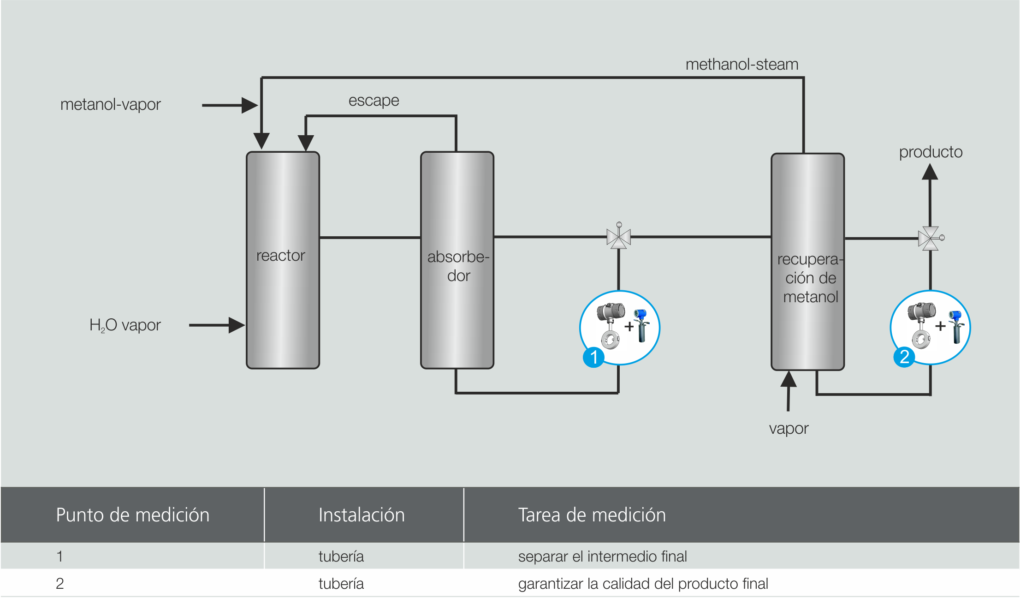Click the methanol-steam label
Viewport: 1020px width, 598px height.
click(x=741, y=65)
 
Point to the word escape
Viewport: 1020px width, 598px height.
click(x=374, y=101)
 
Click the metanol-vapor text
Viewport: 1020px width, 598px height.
click(x=110, y=105)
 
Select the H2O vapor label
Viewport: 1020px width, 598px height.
click(x=125, y=325)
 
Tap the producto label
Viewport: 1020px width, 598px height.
click(x=931, y=152)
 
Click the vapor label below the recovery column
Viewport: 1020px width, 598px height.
click(x=789, y=429)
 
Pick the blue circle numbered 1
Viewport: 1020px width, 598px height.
click(x=593, y=357)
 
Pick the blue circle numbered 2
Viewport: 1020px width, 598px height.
click(x=904, y=357)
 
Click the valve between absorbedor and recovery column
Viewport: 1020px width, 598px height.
click(x=618, y=238)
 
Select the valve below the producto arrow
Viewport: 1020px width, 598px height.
click(x=930, y=239)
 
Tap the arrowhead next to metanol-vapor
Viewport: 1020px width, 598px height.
click(x=249, y=105)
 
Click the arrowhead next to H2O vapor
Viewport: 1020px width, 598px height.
click(x=237, y=325)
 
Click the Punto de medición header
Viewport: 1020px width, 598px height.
click(x=132, y=515)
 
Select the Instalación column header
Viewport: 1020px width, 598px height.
click(x=361, y=515)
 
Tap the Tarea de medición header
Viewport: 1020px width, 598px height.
click(x=592, y=515)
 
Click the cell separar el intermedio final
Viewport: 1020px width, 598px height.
click(x=602, y=556)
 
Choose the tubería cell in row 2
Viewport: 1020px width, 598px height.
click(x=341, y=584)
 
